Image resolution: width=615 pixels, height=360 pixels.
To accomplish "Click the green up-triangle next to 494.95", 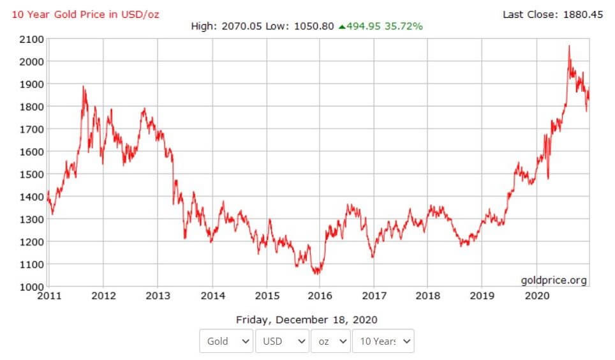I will (342, 26).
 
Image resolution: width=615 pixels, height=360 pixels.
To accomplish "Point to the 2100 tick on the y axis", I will (31, 40).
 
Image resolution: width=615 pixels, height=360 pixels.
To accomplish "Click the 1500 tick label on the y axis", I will (31, 174).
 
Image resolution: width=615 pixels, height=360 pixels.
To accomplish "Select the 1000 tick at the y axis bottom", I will (31, 287).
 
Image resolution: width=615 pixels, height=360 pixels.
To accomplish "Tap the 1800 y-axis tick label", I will (31, 107).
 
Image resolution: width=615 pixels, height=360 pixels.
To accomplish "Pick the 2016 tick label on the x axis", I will (320, 296).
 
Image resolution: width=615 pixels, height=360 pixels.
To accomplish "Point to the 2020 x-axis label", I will (537, 296).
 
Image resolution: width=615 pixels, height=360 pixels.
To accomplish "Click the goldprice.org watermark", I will (554, 280).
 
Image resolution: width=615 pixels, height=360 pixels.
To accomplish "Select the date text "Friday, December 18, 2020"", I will (307, 319).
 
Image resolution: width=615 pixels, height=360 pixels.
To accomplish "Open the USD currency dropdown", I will (283, 341).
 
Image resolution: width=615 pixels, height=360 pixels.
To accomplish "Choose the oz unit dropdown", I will (331, 341).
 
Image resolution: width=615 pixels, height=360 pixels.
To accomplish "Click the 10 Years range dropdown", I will (383, 341).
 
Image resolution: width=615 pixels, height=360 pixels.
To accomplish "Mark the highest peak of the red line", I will (568, 46).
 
